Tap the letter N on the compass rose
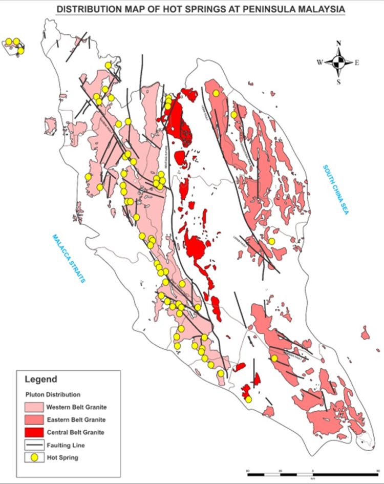tap(338, 44)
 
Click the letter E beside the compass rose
tap(357, 63)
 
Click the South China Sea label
tap(335, 190)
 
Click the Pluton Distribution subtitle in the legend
tap(53, 395)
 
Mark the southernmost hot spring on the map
tap(248, 399)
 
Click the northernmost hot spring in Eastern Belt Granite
tap(217, 93)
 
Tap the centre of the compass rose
tap(338, 63)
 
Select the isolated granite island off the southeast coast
tap(365, 334)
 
